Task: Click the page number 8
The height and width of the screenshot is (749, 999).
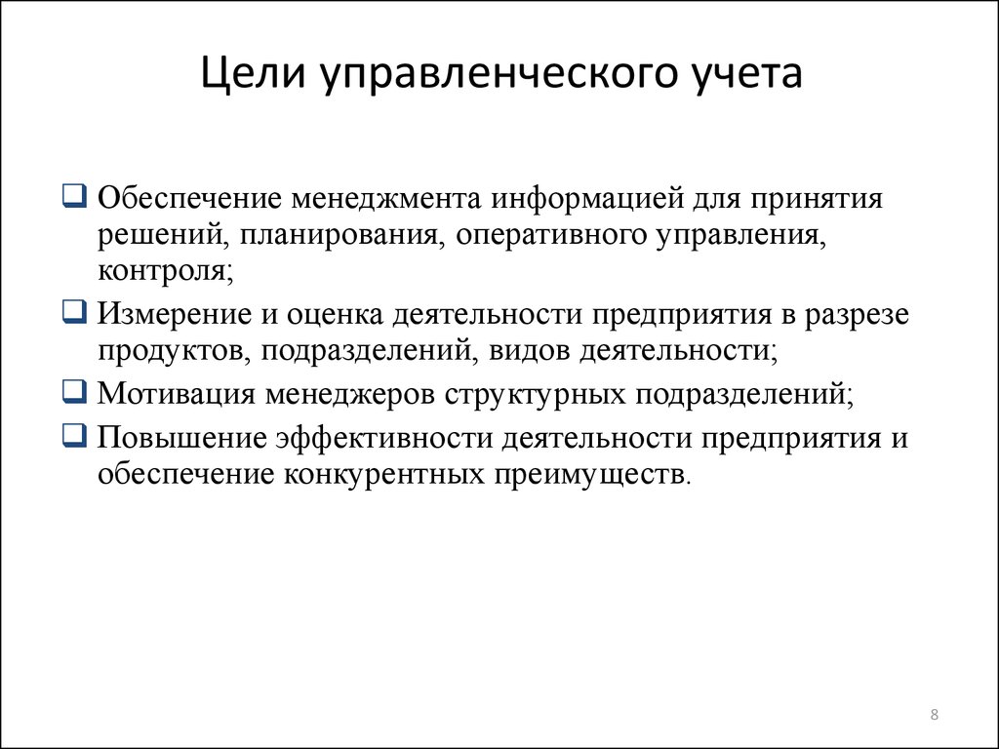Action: click(x=934, y=714)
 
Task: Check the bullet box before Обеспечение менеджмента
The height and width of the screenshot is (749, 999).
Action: click(x=74, y=195)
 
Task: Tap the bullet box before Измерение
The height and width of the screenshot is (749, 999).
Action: click(x=74, y=311)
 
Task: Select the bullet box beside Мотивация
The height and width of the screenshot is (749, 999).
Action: click(x=74, y=391)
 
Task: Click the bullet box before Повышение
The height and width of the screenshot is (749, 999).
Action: click(x=74, y=435)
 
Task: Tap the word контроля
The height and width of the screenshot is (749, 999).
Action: click(x=166, y=272)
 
